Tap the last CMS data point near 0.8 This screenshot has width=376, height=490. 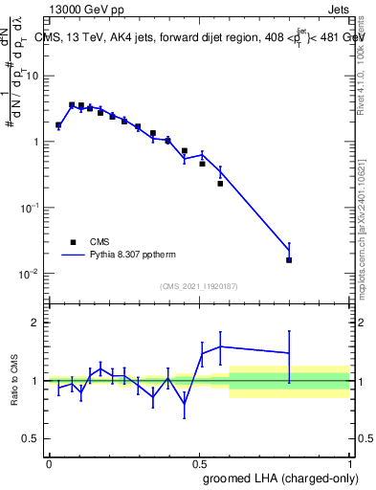pos(289,259)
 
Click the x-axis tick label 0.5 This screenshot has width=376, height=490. pos(199,462)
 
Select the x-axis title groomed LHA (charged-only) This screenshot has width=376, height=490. pos(278,479)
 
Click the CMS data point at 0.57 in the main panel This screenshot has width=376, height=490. pos(220,184)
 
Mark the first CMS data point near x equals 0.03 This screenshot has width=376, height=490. pos(58,124)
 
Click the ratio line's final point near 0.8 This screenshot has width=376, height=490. pos(289,353)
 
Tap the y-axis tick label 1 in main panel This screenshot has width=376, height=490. pos(36,142)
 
